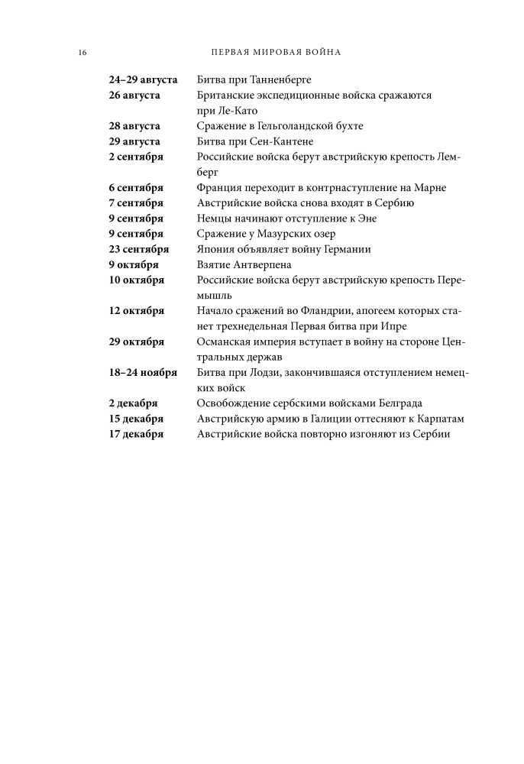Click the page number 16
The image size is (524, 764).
click(82, 53)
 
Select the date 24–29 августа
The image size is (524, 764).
click(144, 79)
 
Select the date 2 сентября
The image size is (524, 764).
click(137, 157)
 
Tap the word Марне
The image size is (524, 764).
click(430, 187)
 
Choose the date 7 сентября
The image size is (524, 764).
click(137, 202)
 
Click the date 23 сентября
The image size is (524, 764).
click(139, 249)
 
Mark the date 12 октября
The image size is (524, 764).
click(137, 311)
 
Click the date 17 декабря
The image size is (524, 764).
click(137, 434)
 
